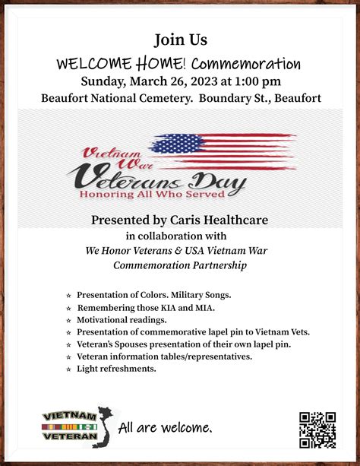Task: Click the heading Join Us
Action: point(180,39)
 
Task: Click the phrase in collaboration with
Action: point(180,236)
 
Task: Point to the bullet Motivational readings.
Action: point(122,320)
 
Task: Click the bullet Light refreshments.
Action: point(116,369)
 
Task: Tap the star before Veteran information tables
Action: point(68,357)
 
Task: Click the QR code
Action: point(317,430)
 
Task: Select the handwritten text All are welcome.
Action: point(165,427)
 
